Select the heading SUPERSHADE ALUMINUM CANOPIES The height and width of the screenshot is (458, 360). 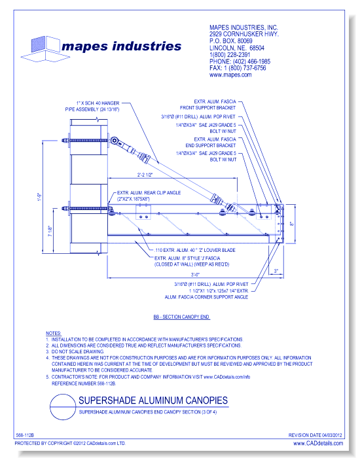tap(153, 400)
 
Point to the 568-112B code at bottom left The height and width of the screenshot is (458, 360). tap(24, 435)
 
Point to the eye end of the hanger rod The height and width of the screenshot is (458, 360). tap(115, 140)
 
